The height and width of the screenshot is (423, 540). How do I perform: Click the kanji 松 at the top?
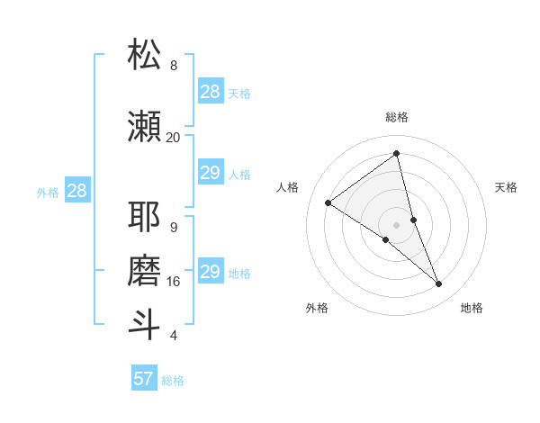[144, 55]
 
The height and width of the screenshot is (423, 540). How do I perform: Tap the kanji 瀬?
[144, 127]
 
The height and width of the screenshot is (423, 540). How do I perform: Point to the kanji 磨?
[144, 271]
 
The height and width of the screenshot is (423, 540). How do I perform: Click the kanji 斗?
[144, 325]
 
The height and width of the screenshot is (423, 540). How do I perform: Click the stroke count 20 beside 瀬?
[173, 137]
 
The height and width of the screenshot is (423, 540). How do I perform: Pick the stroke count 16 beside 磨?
[173, 282]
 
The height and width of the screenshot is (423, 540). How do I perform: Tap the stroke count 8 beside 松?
[173, 66]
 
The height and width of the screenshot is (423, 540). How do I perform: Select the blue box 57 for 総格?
[144, 379]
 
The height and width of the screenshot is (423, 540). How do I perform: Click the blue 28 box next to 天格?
[211, 92]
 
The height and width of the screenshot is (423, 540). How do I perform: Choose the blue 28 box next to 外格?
[76, 191]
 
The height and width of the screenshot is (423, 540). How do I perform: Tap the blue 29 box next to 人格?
[211, 173]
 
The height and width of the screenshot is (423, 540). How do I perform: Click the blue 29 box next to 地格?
[211, 272]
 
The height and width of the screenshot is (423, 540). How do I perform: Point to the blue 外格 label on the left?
[48, 192]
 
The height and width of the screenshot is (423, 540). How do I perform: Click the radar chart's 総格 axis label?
[397, 117]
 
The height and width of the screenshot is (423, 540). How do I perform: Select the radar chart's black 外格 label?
[317, 309]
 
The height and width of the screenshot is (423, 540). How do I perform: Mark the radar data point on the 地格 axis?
[439, 284]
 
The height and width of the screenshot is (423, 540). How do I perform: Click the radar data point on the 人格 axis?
[328, 202]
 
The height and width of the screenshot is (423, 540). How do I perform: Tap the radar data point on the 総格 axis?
[397, 154]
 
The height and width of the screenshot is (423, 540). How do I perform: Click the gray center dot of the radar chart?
[397, 225]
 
